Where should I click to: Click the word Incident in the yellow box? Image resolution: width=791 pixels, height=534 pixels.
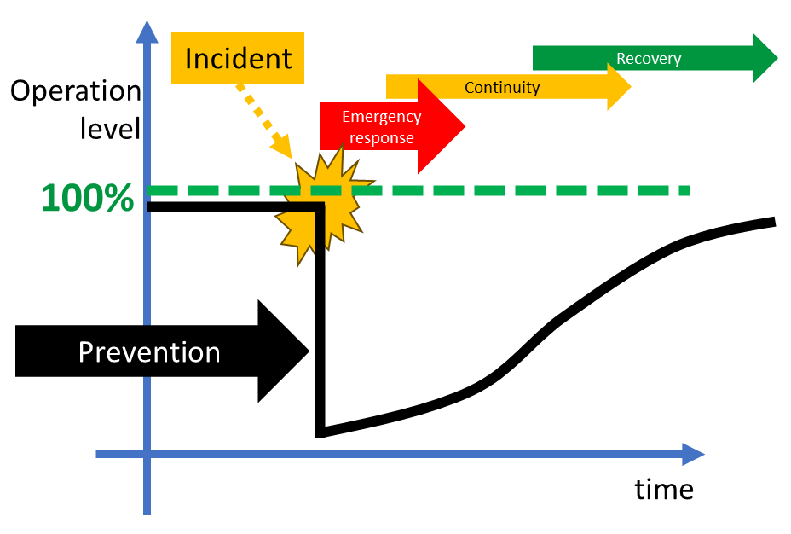[238, 59]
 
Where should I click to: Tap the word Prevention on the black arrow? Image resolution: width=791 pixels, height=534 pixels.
[149, 351]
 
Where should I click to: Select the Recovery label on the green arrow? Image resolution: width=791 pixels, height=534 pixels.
[649, 59]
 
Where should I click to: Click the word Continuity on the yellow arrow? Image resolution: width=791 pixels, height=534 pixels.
[502, 87]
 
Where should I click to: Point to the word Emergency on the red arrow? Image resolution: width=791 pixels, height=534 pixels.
[381, 117]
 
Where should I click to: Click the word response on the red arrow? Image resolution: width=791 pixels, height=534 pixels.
[382, 138]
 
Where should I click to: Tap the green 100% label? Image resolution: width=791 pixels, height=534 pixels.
[88, 197]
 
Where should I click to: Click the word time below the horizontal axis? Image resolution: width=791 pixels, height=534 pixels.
[664, 490]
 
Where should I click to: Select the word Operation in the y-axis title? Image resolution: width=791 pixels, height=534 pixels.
[76, 91]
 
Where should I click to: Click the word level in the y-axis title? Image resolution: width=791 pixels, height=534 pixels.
[110, 128]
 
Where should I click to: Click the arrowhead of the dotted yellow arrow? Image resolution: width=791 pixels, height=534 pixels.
[281, 147]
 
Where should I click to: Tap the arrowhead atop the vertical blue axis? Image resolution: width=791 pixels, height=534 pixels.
[147, 32]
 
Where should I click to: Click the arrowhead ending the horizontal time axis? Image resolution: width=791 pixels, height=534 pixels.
[693, 455]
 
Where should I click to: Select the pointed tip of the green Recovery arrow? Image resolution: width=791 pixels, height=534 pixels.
[777, 58]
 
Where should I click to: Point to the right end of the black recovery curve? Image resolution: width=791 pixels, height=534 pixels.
[774, 222]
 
